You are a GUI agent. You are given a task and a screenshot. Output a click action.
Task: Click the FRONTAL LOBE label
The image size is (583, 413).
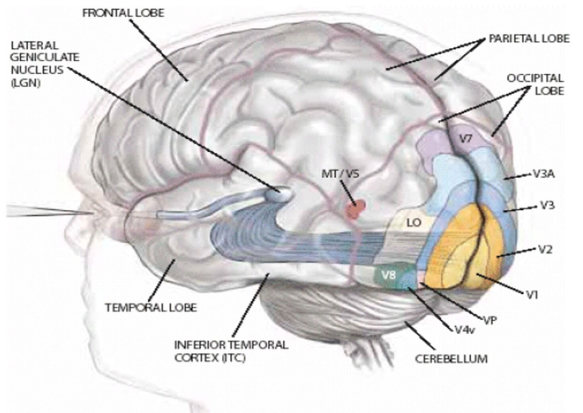tap(123, 13)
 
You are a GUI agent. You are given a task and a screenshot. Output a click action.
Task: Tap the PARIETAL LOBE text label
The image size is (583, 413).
tap(529, 38)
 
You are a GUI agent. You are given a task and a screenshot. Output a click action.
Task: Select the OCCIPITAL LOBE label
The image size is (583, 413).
tap(535, 84)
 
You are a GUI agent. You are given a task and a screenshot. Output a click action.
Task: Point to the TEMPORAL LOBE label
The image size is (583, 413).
tap(151, 307)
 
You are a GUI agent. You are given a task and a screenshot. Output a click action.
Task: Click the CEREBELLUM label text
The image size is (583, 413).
tap(451, 358)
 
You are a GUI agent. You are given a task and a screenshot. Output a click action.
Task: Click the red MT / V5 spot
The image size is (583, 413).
tap(356, 209)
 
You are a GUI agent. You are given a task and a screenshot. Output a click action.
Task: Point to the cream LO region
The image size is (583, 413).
tap(413, 223)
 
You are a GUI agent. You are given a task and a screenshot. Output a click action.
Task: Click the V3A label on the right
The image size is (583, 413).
tap(544, 174)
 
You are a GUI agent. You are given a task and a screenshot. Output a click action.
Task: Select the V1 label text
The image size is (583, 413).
tap(532, 295)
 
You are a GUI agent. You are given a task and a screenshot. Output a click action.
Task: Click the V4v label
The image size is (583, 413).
tap(464, 329)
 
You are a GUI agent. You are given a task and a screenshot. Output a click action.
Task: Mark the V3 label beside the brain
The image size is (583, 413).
tap(547, 205)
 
